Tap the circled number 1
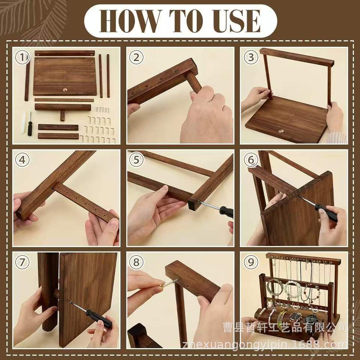point(22,57)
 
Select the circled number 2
point(136,57)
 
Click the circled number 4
point(22,160)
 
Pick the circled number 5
point(136,160)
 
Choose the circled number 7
point(22,262)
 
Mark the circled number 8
point(136,262)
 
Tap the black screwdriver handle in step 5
point(226,211)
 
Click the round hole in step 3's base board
point(281,131)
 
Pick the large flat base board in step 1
point(65,76)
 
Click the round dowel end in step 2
point(194,81)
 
